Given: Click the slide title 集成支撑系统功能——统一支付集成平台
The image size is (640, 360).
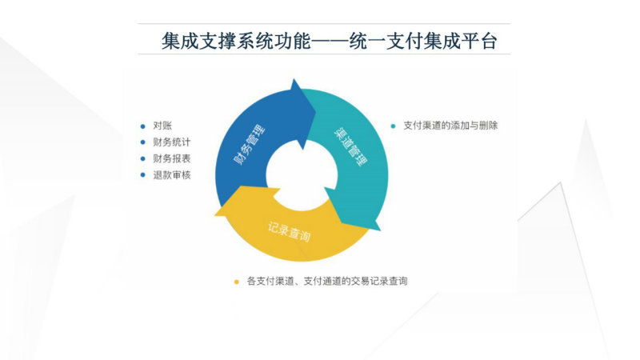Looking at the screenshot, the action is point(329,42).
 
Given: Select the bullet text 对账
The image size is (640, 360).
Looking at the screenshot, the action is point(162,126).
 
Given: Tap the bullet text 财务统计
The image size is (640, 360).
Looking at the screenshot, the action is point(172,142).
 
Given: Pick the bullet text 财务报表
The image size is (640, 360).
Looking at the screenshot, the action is point(172,158).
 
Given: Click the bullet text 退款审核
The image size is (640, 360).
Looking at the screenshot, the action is point(172,175).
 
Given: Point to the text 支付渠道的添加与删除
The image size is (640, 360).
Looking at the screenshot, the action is point(450,126).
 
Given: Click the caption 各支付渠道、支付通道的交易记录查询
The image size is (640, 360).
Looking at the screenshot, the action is point(327,281).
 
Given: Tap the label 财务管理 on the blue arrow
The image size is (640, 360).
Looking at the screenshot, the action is point(249,145).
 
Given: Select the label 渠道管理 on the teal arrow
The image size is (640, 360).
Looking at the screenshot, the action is point(350,146).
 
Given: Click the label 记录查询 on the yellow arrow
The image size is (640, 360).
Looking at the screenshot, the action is point(289,231).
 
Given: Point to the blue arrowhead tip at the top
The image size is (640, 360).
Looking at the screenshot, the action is point(294,79).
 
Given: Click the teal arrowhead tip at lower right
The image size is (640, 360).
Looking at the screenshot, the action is point(379,230).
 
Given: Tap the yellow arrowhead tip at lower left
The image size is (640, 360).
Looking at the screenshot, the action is point(215,214).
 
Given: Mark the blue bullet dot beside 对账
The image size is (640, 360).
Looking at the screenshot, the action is point(142,126).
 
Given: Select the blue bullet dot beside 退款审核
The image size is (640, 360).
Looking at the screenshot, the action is point(142,175).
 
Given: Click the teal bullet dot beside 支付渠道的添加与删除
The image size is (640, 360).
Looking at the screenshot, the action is point(393,126).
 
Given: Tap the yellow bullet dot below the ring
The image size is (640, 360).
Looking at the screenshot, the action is point(236,282).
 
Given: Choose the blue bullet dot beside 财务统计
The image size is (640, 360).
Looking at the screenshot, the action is point(142,142).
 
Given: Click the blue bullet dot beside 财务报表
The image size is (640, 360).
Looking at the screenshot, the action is point(142,158).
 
